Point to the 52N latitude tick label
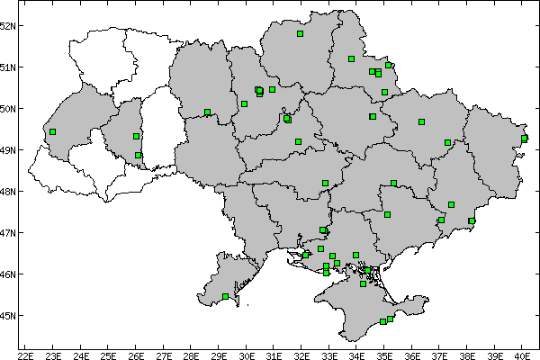[x=8, y=25]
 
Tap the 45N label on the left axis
[x=8, y=315]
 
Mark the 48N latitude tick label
[x=8, y=191]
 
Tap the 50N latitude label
[x=8, y=108]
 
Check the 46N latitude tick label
[x=8, y=274]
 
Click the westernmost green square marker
[x=53, y=131]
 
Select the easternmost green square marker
[x=525, y=138]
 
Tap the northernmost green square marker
[x=301, y=34]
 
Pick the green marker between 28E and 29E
[x=208, y=112]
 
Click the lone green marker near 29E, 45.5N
[x=225, y=296]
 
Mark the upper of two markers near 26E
[x=136, y=136]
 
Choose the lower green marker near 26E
[x=138, y=155]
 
